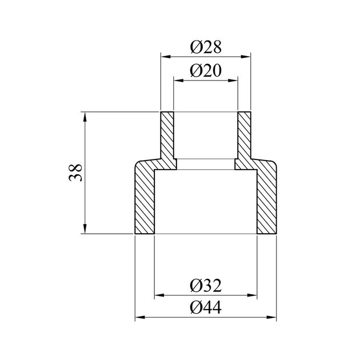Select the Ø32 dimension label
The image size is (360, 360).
tap(205, 285)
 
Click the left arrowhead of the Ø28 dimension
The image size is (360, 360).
tap(163, 56)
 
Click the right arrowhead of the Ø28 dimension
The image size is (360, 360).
tap(247, 56)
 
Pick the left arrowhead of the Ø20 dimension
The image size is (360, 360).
tap(177, 81)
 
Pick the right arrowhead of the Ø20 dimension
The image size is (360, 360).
tap(234, 81)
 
